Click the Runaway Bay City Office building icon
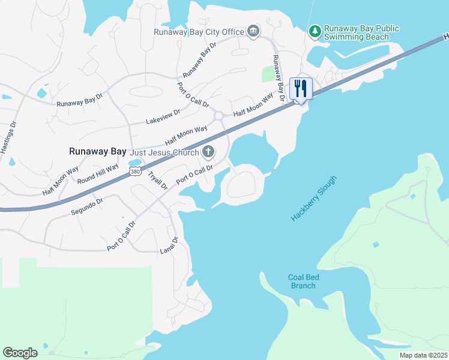(253, 31)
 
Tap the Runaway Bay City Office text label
(199, 32)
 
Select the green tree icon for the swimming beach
(314, 31)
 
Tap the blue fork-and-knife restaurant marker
(301, 89)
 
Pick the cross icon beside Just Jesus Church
(208, 152)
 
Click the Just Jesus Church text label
(164, 152)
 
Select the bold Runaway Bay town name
(97, 152)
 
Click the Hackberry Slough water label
(314, 199)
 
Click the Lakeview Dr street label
(163, 117)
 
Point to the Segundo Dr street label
(87, 205)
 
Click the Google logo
(20, 353)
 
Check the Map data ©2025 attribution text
(423, 355)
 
